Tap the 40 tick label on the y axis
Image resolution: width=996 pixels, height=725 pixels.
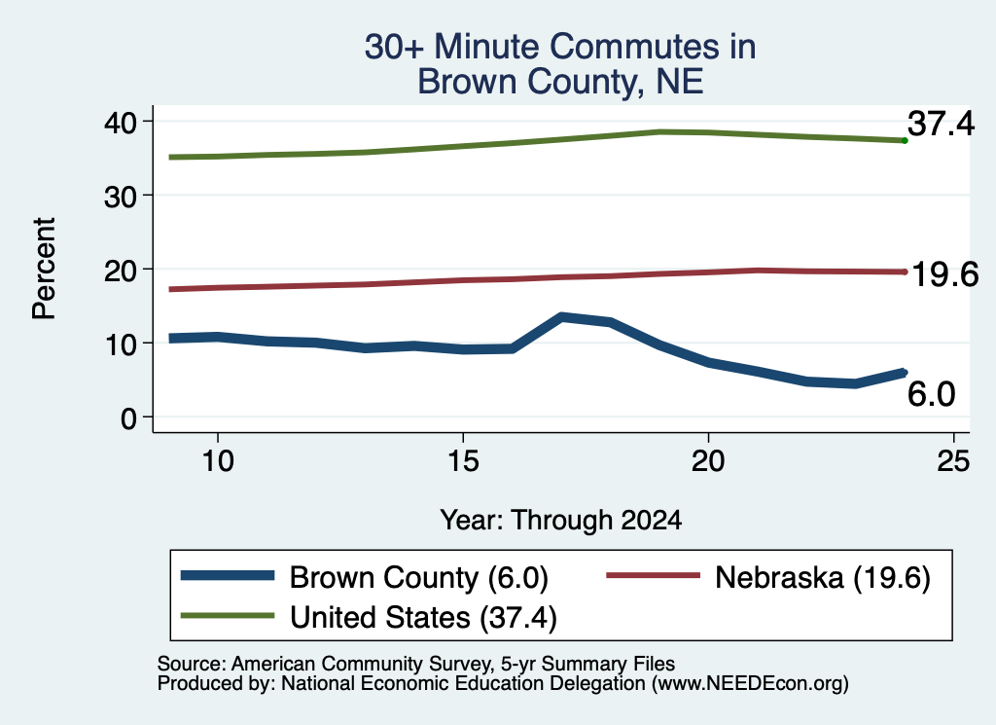point(120,122)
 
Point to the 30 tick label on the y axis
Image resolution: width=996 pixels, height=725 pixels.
point(120,197)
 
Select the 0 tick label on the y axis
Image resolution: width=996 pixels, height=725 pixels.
point(128,418)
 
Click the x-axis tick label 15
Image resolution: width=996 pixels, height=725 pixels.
point(463,461)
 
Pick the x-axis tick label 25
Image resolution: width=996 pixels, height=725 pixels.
point(953,461)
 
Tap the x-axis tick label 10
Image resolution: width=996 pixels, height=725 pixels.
point(218,461)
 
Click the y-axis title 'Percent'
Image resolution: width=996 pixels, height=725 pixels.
point(44,269)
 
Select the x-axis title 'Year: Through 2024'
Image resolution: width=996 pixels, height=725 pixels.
point(561,521)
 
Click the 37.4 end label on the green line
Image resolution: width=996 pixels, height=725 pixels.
point(941,123)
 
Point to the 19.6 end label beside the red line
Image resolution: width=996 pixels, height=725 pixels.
point(945,274)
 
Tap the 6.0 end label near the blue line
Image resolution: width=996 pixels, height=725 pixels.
point(931,394)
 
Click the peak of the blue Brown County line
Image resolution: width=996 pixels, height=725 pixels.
point(561,316)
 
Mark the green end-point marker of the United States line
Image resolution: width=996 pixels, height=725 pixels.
point(905,140)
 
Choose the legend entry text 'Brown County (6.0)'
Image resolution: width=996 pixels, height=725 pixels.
point(418,578)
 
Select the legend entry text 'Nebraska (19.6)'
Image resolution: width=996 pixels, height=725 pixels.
point(823,578)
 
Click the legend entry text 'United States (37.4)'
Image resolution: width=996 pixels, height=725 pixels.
point(423,618)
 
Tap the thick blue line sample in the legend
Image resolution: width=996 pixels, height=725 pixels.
point(228,576)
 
